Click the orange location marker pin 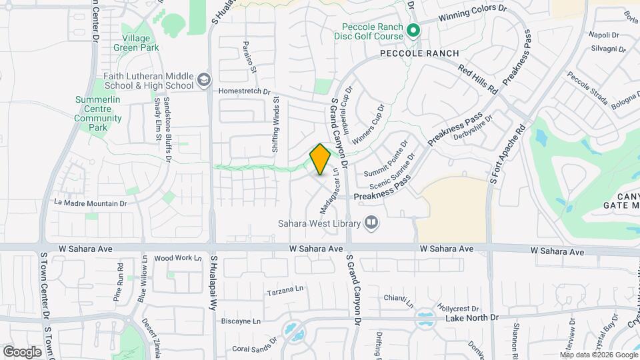(320, 159)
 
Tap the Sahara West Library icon (371, 223)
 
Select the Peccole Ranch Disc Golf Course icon (413, 31)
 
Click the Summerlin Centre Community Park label (98, 113)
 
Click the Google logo (22, 351)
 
